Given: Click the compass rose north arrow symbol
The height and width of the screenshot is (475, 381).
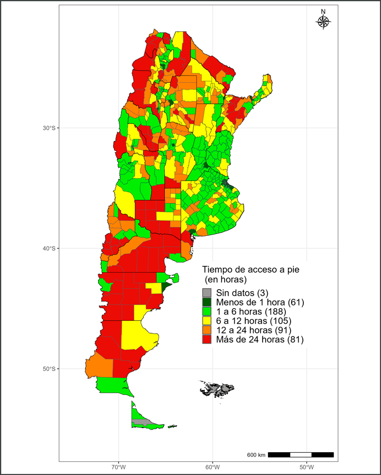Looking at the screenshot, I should point(323,22).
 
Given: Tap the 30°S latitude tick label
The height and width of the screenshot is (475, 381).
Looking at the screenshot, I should point(49,128).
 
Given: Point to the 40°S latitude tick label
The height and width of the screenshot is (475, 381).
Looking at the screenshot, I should point(49,249).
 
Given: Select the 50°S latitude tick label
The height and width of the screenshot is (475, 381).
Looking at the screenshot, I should point(49,369).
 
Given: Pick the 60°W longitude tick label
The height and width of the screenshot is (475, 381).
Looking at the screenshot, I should point(212,467).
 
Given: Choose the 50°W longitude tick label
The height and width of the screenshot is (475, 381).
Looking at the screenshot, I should point(306,467).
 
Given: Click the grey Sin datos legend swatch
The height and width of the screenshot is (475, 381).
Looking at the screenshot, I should point(207,293).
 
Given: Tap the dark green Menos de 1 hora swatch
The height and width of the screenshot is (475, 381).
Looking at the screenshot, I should point(207,302).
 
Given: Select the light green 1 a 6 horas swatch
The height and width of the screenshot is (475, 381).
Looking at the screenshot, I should point(207,311).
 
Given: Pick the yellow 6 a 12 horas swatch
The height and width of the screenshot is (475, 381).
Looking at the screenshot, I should point(207,321).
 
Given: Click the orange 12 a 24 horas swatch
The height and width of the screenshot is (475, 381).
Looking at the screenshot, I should point(207,330).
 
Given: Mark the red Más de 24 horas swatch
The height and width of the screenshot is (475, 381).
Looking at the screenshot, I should point(207,339).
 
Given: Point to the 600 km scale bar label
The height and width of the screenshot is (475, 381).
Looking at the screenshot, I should point(256,455).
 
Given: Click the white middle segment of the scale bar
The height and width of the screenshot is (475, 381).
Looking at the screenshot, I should point(301,454).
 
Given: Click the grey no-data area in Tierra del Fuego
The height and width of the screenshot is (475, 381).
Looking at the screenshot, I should point(141,422).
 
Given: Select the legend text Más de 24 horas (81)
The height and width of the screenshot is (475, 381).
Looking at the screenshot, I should point(259,339).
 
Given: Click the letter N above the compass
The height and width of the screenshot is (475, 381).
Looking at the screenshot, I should point(323,12).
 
